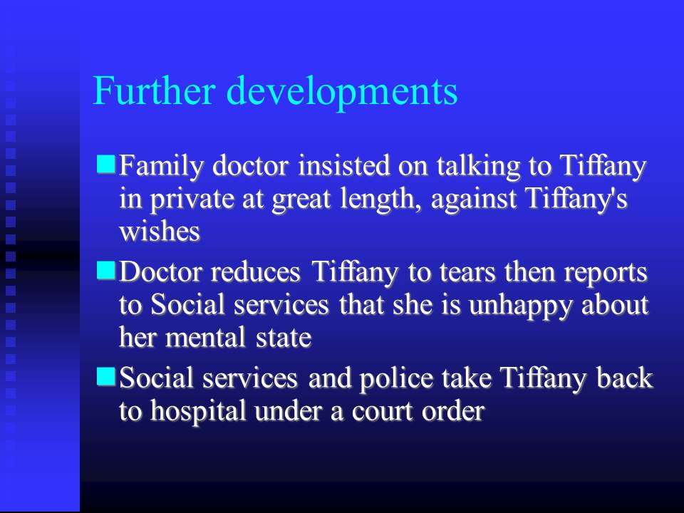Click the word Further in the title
click(x=154, y=90)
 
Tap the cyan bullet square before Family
click(x=105, y=165)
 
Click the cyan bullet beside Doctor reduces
click(x=105, y=271)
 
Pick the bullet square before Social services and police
click(x=105, y=376)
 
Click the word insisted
click(x=344, y=165)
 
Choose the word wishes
click(x=160, y=231)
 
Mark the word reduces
click(x=256, y=271)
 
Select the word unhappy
click(x=520, y=306)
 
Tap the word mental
click(x=205, y=337)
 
